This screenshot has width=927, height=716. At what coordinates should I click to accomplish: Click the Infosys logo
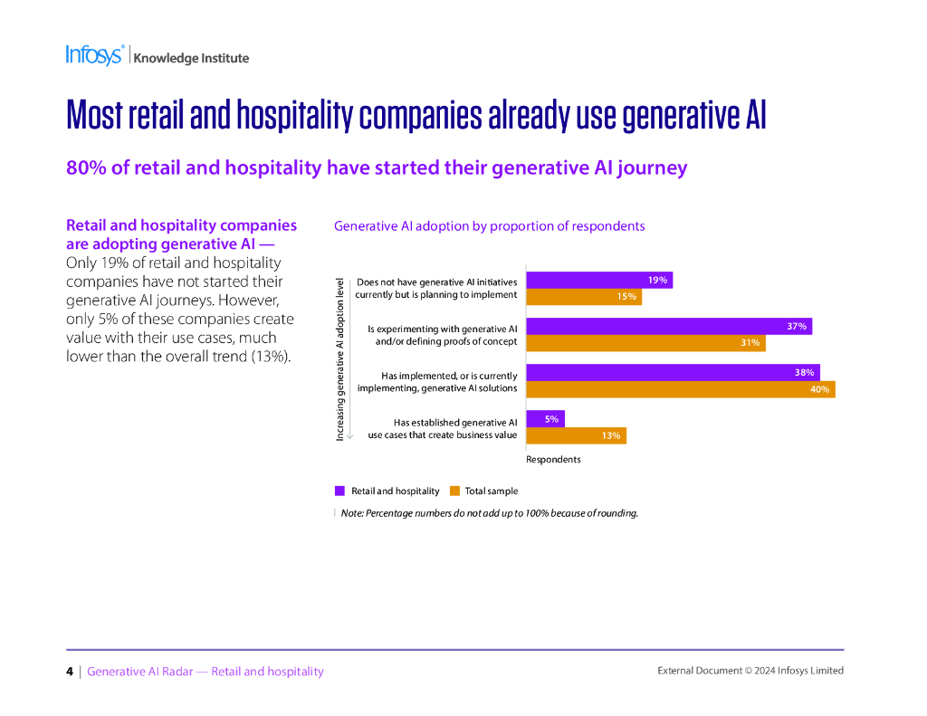(94, 55)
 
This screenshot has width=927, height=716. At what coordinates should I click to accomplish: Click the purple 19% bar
(598, 281)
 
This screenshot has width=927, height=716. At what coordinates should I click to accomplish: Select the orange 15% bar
(583, 297)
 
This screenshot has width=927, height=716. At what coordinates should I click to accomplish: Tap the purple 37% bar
(668, 326)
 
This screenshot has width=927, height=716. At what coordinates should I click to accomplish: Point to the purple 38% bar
(673, 372)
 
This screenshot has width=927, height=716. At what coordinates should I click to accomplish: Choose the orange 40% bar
(680, 389)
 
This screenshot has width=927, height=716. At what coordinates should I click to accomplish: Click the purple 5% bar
(545, 419)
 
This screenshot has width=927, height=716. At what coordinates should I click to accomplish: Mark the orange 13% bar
(576, 435)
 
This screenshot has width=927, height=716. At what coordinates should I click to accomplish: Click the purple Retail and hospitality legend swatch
(339, 491)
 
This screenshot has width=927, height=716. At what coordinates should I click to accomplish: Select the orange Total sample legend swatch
(454, 491)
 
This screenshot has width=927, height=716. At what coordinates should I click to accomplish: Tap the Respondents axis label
(553, 459)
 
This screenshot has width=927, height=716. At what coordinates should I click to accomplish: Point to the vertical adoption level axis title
(340, 359)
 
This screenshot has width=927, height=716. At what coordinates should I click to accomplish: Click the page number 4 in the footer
(70, 671)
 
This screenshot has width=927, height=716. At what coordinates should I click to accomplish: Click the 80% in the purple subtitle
(84, 168)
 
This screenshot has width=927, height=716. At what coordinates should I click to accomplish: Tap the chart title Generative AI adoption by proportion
(489, 226)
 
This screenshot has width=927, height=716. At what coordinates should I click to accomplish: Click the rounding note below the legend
(489, 513)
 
